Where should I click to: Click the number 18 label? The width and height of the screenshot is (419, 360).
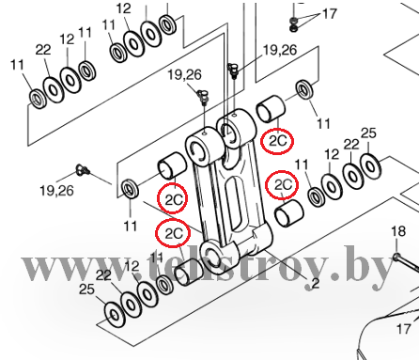click(398, 231)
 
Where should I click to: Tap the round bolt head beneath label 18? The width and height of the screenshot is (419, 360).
click(396, 258)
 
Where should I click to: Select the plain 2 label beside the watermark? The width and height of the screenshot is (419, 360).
click(316, 283)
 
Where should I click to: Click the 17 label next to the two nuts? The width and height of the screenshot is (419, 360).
click(329, 14)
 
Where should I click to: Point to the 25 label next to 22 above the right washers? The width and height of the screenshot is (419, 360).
click(368, 133)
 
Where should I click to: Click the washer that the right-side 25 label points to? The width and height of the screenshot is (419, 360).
click(370, 166)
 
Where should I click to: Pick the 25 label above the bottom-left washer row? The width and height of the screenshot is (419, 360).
click(86, 289)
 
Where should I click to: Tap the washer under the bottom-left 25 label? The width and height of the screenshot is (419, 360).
click(115, 315)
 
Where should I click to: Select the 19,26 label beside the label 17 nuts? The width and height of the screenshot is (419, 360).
click(280, 50)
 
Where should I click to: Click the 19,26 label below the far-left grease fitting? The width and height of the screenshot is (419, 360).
click(56, 191)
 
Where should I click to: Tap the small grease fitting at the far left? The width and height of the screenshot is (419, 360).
click(83, 169)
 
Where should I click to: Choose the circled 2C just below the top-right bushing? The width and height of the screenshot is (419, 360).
click(277, 141)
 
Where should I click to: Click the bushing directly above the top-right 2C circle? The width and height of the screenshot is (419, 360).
click(271, 109)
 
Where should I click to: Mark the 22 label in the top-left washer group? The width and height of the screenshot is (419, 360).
click(43, 50)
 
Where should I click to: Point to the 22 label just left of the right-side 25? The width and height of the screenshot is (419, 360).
click(351, 145)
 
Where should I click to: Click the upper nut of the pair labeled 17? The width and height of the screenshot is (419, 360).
click(293, 20)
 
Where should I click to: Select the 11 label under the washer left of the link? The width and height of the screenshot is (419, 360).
click(131, 226)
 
